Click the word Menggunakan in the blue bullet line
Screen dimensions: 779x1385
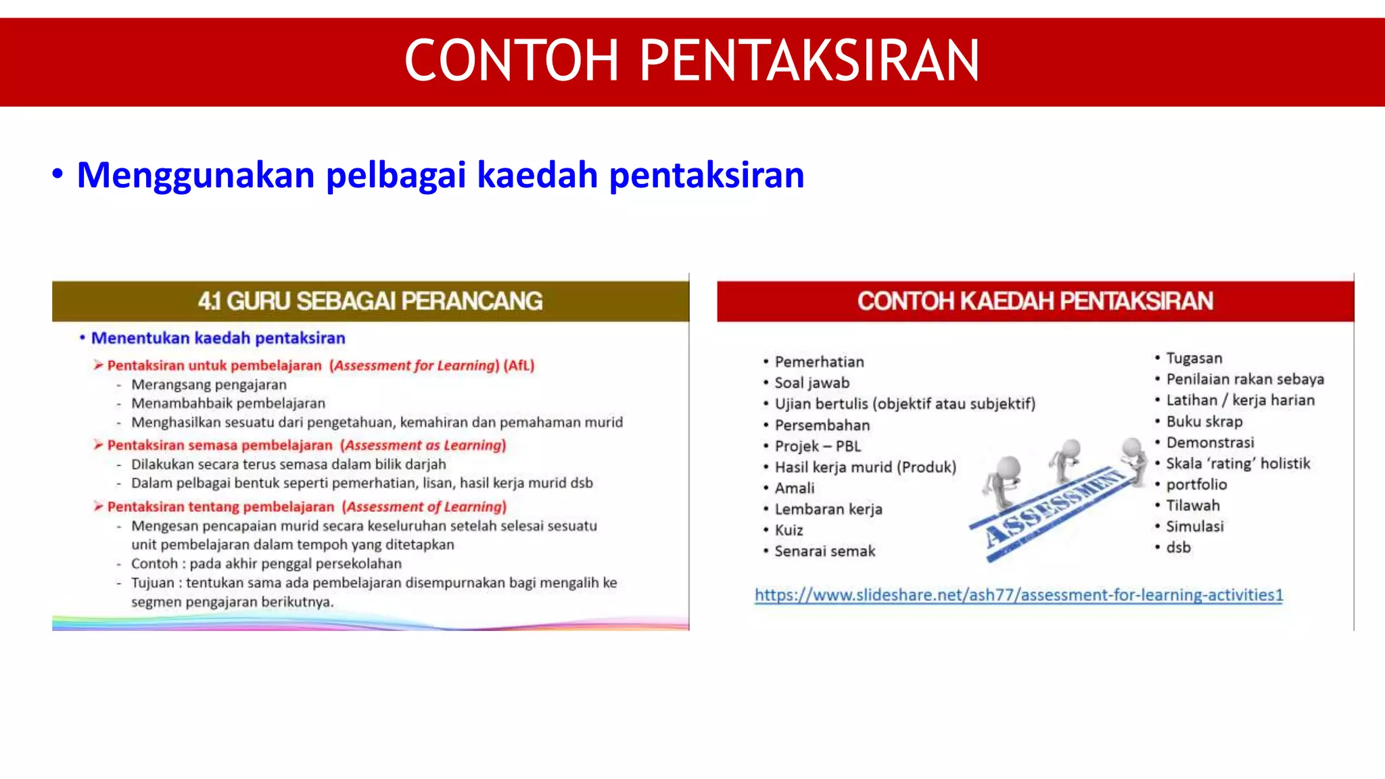pyautogui.click(x=195, y=175)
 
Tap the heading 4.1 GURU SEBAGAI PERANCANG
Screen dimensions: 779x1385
pyautogui.click(x=370, y=301)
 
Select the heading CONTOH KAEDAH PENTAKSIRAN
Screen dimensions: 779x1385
pyautogui.click(x=1035, y=301)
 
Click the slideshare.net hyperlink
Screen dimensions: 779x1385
pyautogui.click(x=1018, y=595)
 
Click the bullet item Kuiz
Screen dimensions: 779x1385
pyautogui.click(x=789, y=530)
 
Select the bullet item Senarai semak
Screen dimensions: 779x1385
pyautogui.click(x=824, y=551)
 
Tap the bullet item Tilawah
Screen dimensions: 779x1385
pyautogui.click(x=1192, y=505)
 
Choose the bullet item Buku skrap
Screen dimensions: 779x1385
pyautogui.click(x=1204, y=421)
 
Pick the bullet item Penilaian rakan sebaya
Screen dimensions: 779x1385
pyautogui.click(x=1244, y=379)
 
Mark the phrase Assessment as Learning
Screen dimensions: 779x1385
pyautogui.click(x=423, y=446)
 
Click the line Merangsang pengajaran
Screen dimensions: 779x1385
pyautogui.click(x=208, y=385)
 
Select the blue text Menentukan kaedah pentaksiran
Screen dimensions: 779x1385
pyautogui.click(x=218, y=338)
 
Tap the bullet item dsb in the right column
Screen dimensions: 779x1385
pyautogui.click(x=1178, y=548)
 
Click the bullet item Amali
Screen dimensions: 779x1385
pyautogui.click(x=794, y=488)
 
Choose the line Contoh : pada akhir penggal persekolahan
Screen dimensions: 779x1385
pyautogui.click(x=266, y=564)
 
